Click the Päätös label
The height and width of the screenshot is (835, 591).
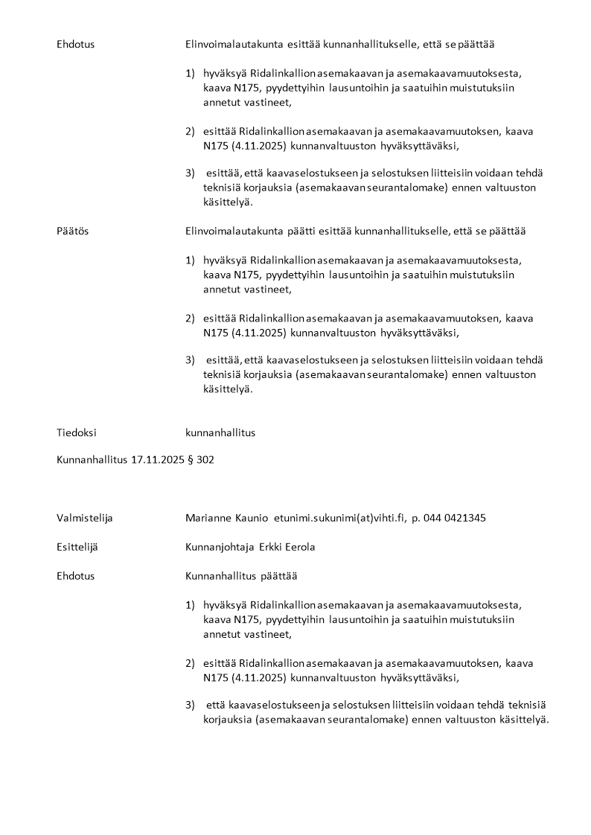tap(72, 231)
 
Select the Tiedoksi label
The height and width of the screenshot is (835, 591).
tap(76, 432)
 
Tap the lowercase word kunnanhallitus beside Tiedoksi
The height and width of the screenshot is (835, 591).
tap(220, 432)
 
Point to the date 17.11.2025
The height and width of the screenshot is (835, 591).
tap(158, 460)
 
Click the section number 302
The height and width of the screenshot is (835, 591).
tap(205, 460)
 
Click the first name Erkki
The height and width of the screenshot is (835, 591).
tap(273, 547)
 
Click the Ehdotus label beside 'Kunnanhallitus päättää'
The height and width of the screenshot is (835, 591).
tap(75, 576)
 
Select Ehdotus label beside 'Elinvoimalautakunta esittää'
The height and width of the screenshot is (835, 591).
tap(75, 44)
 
